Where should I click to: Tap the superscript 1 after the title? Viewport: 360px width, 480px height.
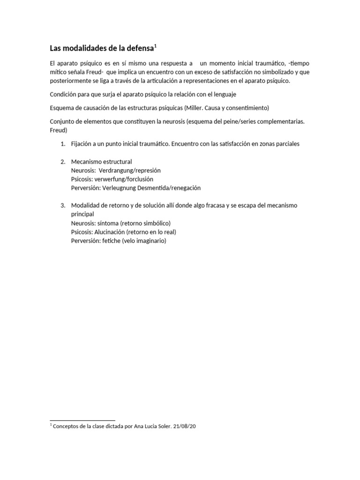[155, 46]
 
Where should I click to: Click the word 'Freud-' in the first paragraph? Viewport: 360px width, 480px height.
[89, 72]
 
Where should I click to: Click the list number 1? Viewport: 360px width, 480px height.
[62, 144]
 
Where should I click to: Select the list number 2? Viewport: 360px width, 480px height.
[62, 162]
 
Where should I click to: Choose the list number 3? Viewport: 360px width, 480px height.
[62, 206]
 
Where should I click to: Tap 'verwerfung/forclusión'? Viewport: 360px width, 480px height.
[124, 179]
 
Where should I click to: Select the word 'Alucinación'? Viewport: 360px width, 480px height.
[110, 232]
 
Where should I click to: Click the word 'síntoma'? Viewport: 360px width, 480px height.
[108, 223]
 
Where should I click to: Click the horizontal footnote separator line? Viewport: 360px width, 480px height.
[82, 420]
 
